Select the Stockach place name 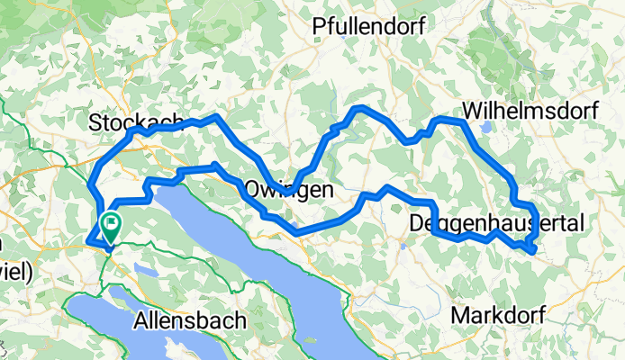click(136, 121)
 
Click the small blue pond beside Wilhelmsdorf click(487, 127)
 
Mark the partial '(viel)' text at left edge click(16, 271)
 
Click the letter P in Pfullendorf click(320, 28)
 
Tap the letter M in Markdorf click(459, 316)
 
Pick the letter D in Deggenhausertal click(417, 222)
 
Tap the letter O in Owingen click(252, 190)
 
